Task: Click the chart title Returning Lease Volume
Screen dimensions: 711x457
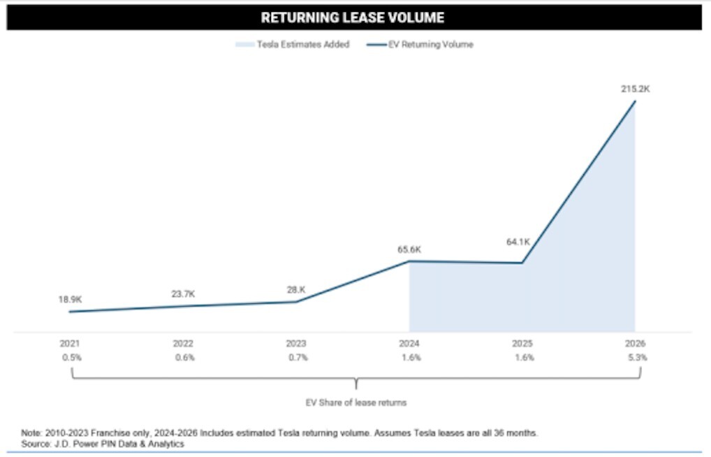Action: (x=352, y=17)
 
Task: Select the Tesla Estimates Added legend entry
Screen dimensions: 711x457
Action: (x=293, y=45)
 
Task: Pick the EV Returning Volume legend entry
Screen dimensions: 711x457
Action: (x=420, y=45)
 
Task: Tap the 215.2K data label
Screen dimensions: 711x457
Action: (x=636, y=89)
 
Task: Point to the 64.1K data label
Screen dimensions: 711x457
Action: (x=518, y=242)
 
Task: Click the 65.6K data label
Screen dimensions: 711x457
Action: (x=409, y=249)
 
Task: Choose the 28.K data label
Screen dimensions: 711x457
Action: (x=296, y=289)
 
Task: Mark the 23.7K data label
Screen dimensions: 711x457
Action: (x=183, y=294)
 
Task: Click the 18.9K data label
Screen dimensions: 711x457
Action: (x=70, y=300)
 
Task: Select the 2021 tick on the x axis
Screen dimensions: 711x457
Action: (x=69, y=344)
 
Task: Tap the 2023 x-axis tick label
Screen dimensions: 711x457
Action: (x=296, y=344)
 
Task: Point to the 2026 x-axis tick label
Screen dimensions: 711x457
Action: (x=636, y=344)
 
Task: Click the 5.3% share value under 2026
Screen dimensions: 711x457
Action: (x=638, y=358)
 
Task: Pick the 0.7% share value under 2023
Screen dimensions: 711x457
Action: (x=298, y=358)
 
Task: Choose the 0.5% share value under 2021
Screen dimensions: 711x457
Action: (x=72, y=358)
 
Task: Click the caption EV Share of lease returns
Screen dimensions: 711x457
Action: (x=356, y=402)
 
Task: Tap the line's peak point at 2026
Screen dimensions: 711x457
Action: (x=635, y=101)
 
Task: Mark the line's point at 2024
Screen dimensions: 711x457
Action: (x=409, y=261)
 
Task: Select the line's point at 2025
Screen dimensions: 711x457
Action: (x=522, y=263)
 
